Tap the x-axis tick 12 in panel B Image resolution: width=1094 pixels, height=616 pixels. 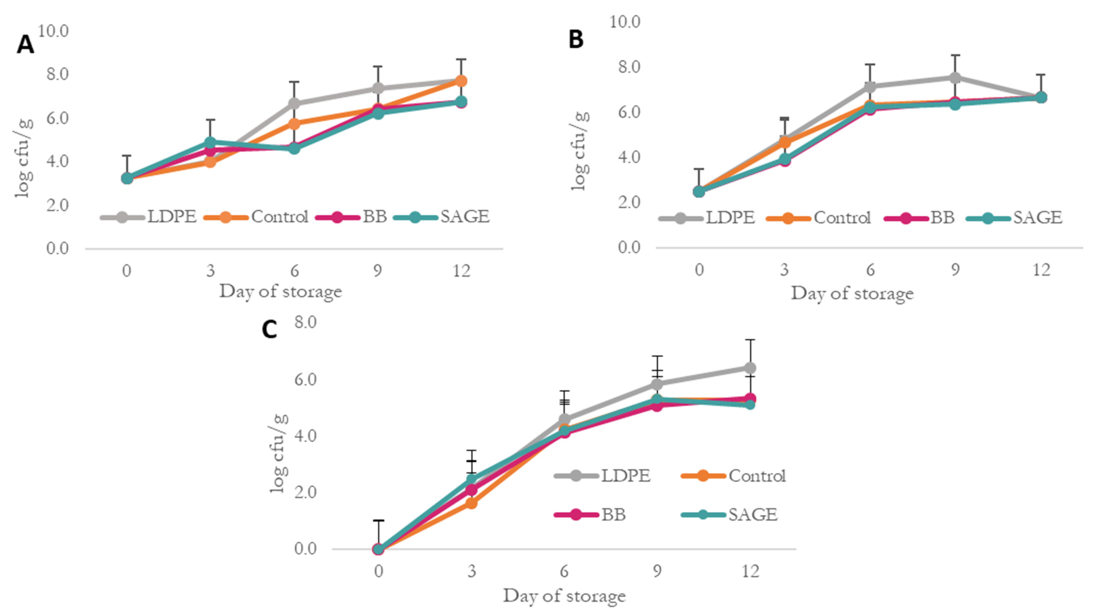[x=1041, y=270]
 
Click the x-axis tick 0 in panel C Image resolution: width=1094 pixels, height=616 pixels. [x=378, y=571]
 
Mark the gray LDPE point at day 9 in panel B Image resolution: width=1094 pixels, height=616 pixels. [x=955, y=78]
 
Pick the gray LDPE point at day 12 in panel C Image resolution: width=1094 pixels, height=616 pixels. [x=750, y=367]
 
